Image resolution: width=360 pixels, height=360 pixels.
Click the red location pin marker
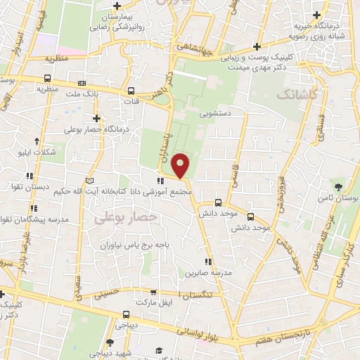(181, 165)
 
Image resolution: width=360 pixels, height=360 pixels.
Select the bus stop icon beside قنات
(131, 90)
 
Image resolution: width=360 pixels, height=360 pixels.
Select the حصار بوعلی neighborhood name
(124, 219)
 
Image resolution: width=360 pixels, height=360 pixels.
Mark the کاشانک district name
(296, 94)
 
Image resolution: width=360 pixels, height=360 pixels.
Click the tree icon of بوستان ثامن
(339, 187)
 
